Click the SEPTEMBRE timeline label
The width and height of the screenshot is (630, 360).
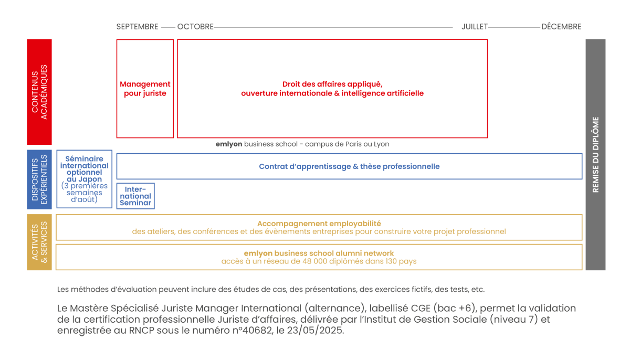click(137, 27)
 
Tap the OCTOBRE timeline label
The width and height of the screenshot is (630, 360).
click(195, 27)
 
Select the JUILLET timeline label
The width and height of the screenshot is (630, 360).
click(475, 27)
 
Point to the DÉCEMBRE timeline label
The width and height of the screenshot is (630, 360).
click(561, 27)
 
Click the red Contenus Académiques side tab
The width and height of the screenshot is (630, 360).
click(39, 92)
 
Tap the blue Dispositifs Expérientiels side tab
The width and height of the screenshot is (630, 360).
click(39, 179)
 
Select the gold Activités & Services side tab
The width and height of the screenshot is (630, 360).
click(39, 242)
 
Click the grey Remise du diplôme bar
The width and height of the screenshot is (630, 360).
click(595, 154)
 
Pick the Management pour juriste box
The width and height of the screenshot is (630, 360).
click(145, 89)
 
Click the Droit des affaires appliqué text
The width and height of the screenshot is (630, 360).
click(332, 84)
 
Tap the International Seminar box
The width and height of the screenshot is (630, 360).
click(135, 196)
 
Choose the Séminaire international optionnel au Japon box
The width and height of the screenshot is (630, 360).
click(85, 179)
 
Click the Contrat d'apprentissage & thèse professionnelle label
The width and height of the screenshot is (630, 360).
click(349, 166)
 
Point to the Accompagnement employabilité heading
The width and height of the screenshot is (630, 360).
click(319, 224)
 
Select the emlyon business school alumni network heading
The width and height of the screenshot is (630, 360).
click(319, 253)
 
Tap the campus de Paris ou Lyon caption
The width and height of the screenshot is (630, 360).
click(347, 144)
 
